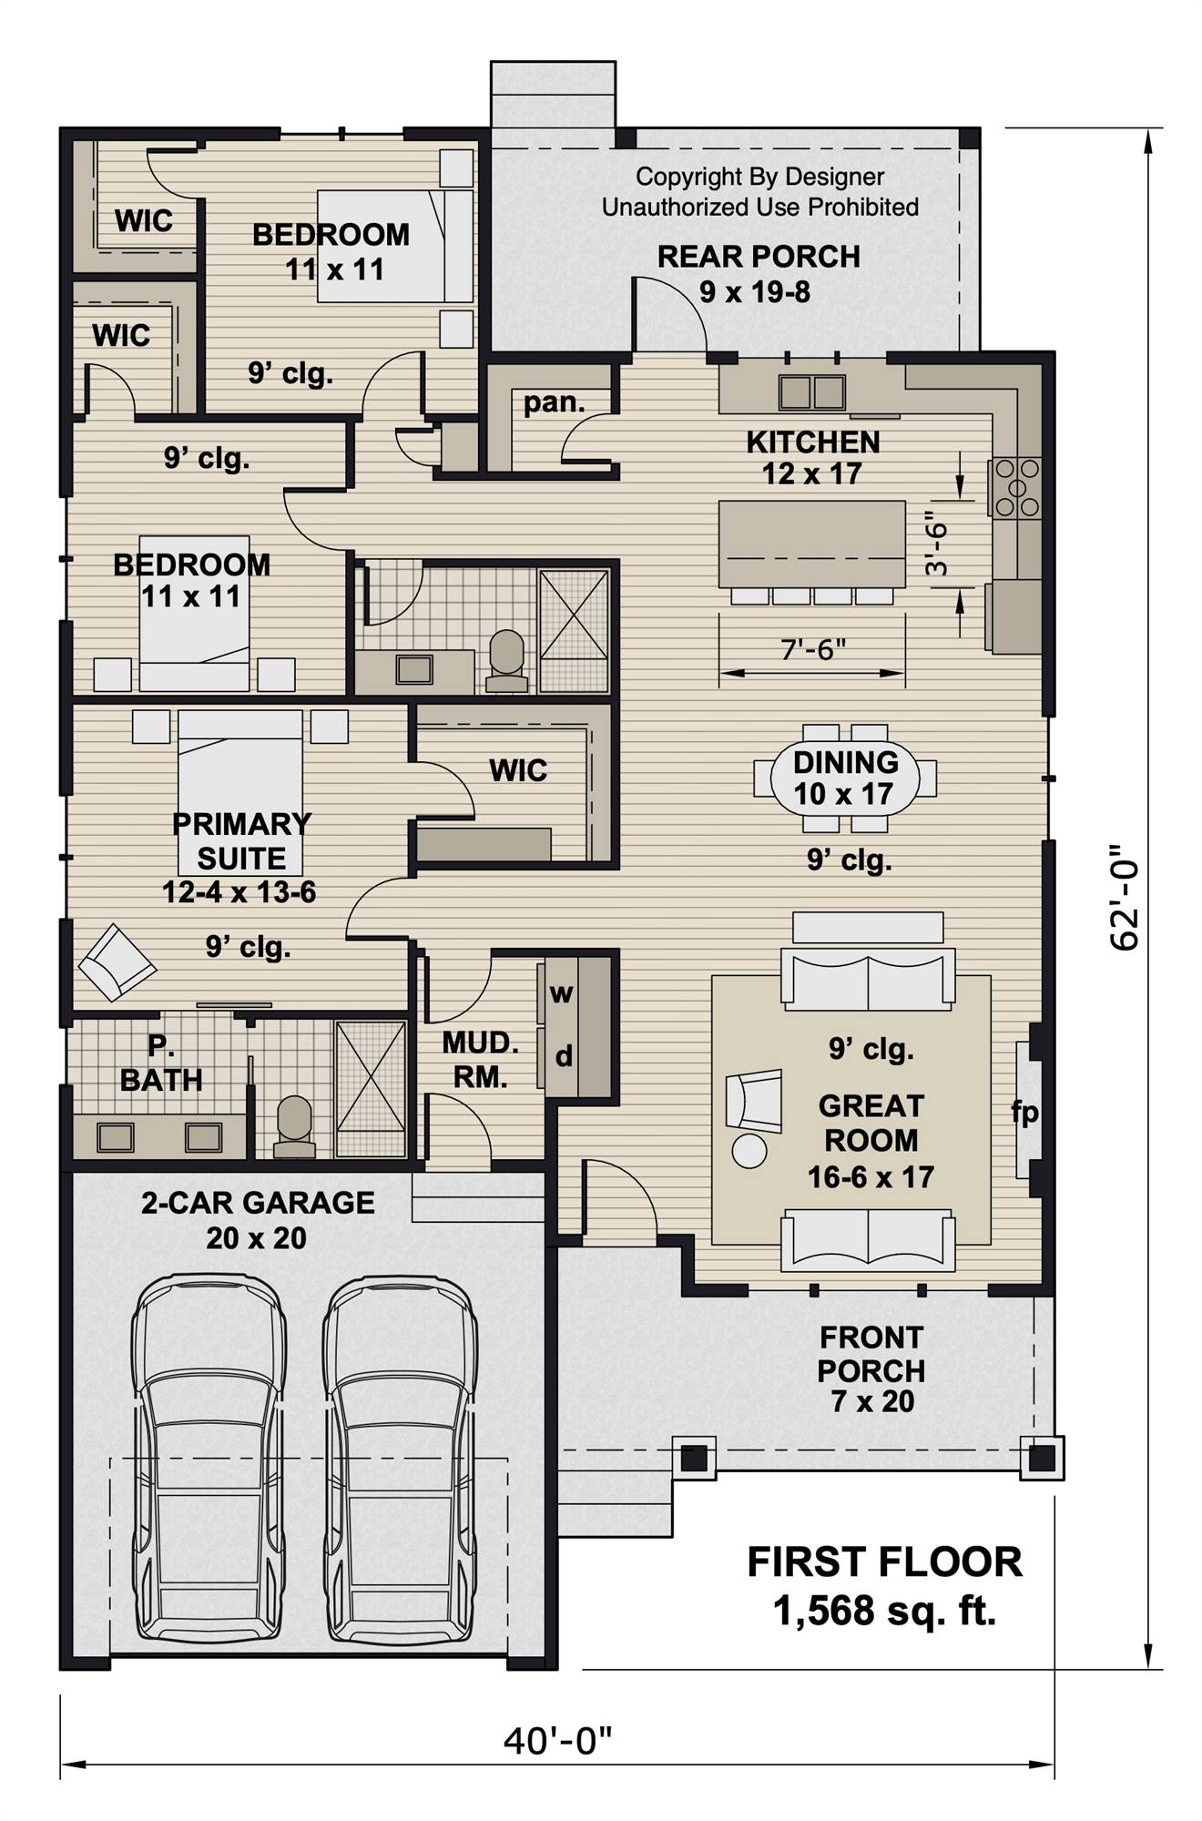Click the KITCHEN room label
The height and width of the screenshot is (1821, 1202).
click(813, 443)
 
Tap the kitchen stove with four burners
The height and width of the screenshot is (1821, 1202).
click(1016, 487)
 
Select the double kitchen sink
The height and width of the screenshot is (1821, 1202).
click(812, 392)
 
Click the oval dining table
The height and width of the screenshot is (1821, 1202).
click(845, 778)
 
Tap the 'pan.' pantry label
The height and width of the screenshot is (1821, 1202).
click(554, 402)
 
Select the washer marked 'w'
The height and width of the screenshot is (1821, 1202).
click(561, 993)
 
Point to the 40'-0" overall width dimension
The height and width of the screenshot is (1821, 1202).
click(558, 1741)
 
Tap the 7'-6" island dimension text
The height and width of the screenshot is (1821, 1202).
click(813, 649)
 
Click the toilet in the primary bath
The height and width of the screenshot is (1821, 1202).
click(293, 1125)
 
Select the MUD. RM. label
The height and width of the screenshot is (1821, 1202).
click(480, 1060)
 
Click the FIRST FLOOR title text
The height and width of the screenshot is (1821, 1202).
click(884, 1562)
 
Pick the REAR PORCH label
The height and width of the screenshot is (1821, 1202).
click(759, 258)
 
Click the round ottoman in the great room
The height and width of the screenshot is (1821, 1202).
click(750, 1151)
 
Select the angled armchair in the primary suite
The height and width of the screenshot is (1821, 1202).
click(116, 962)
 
